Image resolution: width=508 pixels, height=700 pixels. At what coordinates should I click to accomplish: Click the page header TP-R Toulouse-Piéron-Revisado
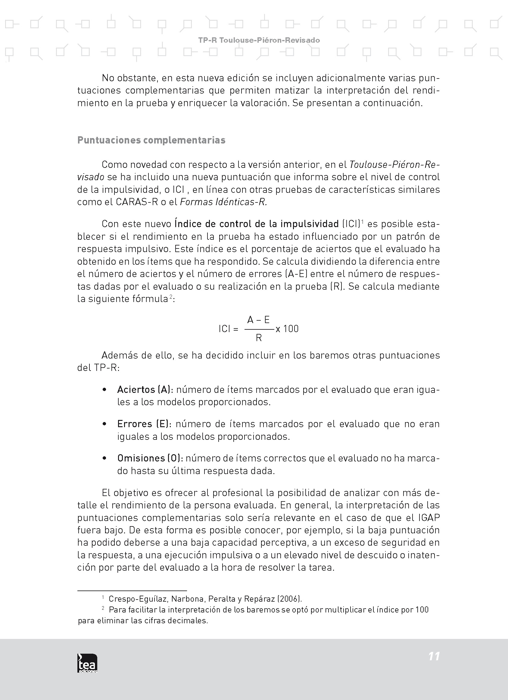click(259, 40)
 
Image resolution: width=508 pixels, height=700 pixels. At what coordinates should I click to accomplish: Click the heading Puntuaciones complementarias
click(151, 140)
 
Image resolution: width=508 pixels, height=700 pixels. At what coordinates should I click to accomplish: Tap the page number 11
click(434, 656)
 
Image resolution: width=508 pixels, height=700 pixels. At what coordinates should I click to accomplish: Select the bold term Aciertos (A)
click(144, 390)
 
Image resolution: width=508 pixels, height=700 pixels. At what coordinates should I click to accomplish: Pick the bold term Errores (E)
click(143, 424)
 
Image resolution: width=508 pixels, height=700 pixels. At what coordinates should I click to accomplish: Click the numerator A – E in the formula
click(258, 320)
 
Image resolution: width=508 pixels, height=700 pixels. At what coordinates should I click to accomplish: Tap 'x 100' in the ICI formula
click(287, 329)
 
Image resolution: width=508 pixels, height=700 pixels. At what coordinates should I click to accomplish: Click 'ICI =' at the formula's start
click(228, 329)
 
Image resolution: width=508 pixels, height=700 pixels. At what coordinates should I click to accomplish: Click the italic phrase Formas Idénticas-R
click(223, 202)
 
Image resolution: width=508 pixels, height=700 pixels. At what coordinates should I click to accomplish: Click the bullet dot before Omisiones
click(104, 458)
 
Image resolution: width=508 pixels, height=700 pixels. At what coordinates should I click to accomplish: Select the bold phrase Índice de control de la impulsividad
click(257, 224)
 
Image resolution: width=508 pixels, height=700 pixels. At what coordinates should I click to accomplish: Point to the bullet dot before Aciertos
click(104, 390)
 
